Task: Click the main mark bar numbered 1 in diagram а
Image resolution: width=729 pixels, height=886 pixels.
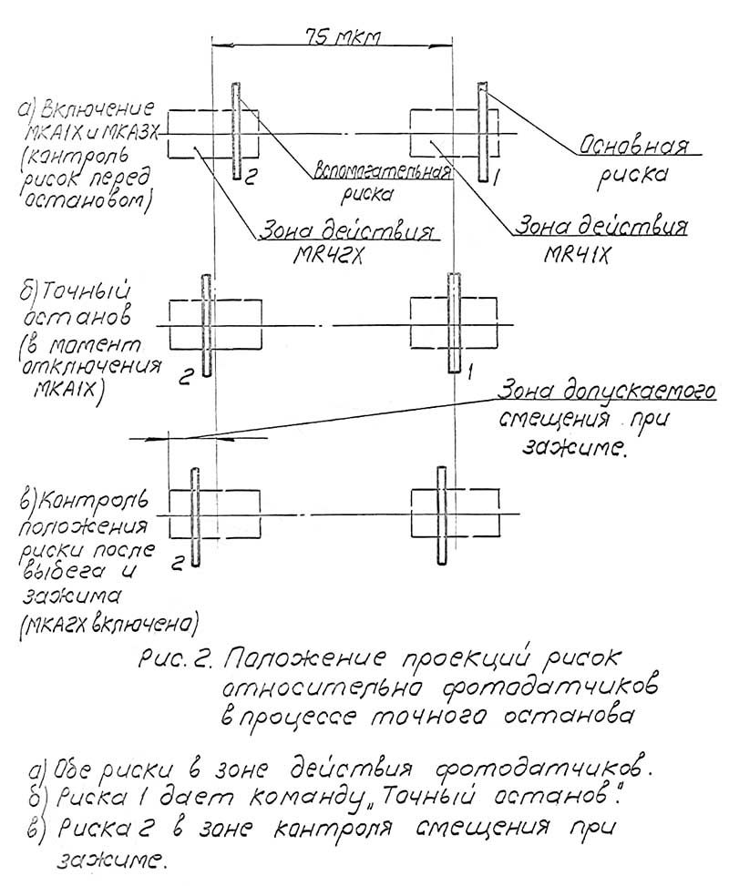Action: tap(483, 133)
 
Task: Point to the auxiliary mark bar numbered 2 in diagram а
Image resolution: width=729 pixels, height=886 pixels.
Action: tap(237, 133)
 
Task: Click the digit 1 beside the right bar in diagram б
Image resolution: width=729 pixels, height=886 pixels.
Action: tap(470, 371)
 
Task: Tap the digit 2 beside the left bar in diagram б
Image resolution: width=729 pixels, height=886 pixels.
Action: tap(185, 380)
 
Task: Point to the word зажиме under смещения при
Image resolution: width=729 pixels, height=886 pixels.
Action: tap(574, 448)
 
